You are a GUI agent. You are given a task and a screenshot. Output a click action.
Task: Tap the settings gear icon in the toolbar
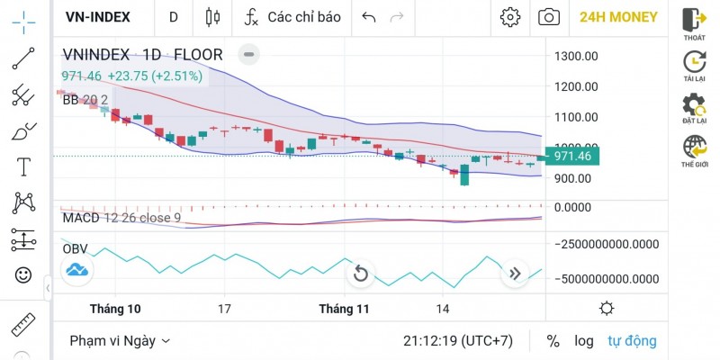[x=510, y=16]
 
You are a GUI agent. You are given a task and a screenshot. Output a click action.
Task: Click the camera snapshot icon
[x=547, y=16]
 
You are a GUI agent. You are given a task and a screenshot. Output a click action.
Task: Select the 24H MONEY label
[x=618, y=16]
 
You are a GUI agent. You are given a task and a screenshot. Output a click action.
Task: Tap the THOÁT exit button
[x=694, y=23]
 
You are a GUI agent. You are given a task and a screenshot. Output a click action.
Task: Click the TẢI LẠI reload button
[x=694, y=66]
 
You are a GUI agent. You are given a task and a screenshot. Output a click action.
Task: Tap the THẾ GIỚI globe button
[x=694, y=150]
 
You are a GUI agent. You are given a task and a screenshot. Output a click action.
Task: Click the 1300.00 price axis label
[x=577, y=56]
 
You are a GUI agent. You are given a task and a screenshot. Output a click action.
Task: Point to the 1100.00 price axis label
[x=577, y=117]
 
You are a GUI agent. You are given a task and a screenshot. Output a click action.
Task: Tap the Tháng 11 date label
[x=345, y=309]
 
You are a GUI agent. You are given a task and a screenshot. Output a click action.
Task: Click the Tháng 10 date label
[x=115, y=309]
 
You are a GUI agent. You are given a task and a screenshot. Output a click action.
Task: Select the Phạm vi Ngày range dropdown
[x=120, y=341]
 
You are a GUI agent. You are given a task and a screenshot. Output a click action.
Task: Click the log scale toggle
[x=584, y=341]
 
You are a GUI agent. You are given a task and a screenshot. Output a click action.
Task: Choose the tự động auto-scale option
[x=632, y=341]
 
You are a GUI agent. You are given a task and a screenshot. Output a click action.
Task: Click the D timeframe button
[x=174, y=16]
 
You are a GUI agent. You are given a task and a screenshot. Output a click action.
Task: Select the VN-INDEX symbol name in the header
[x=98, y=16]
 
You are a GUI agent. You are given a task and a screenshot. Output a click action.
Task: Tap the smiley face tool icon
[x=23, y=274]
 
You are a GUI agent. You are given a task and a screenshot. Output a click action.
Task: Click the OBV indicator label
[x=75, y=248]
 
